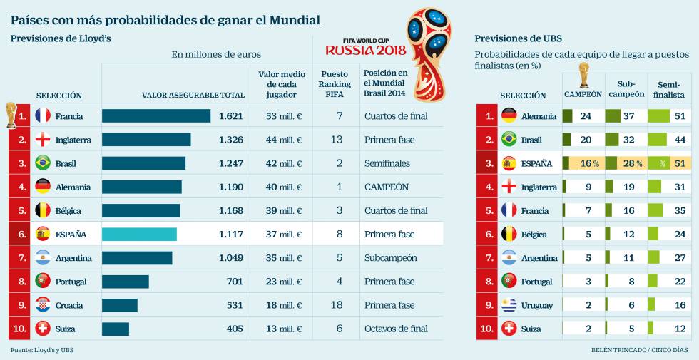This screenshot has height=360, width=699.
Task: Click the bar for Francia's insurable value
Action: [x=155, y=116]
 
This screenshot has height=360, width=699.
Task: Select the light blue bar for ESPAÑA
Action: [x=139, y=235]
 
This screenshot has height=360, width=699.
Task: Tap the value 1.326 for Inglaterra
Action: [x=230, y=140]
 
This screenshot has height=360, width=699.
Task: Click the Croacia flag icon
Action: [x=43, y=305]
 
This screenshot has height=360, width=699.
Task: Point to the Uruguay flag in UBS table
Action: [x=509, y=305]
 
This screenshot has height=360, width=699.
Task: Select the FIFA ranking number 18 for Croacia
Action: [x=335, y=305]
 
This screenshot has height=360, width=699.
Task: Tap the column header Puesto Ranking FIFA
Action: [x=335, y=83]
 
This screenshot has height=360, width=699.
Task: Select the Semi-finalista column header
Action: [x=668, y=88]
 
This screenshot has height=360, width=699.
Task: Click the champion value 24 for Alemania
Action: [x=586, y=116]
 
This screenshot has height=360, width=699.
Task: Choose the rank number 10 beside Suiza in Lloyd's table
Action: [x=22, y=329]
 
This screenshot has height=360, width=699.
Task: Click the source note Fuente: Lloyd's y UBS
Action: [x=42, y=350]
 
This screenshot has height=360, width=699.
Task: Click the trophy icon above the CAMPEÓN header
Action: [x=583, y=75]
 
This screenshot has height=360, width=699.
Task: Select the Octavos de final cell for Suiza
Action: [x=396, y=329]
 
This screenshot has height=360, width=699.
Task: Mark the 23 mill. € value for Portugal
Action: [x=283, y=282]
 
